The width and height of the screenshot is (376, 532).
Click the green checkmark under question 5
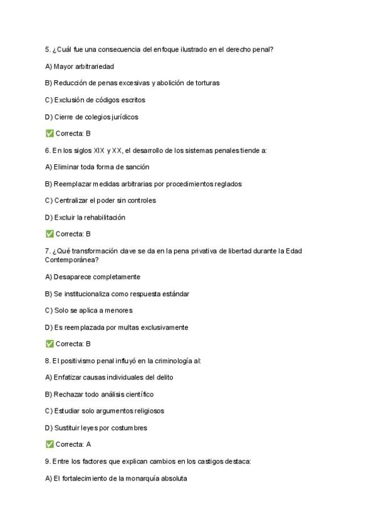(x=50, y=134)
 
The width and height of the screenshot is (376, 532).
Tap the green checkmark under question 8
(x=50, y=444)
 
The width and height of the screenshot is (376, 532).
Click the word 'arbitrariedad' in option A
(x=95, y=66)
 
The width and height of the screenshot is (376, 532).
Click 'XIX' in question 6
(x=99, y=151)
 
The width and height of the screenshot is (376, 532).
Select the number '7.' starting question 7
(x=48, y=251)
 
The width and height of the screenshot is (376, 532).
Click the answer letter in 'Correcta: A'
(x=88, y=444)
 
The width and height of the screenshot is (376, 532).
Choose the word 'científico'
(x=137, y=395)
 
